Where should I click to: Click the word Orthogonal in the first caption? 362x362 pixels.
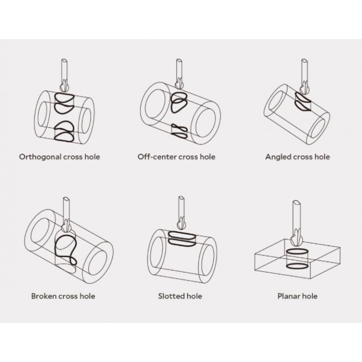tap(40, 158)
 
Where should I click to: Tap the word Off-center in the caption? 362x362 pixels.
tap(157, 157)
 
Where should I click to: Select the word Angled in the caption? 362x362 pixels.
tap(278, 158)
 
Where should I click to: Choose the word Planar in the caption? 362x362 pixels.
tap(288, 296)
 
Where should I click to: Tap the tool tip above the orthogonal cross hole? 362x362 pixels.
tap(64, 86)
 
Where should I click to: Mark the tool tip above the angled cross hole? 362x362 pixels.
tap(305, 88)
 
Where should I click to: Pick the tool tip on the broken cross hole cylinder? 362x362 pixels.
tap(67, 226)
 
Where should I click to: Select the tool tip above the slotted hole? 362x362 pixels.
tap(182, 224)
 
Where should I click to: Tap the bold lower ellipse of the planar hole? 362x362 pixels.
tap(297, 266)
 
